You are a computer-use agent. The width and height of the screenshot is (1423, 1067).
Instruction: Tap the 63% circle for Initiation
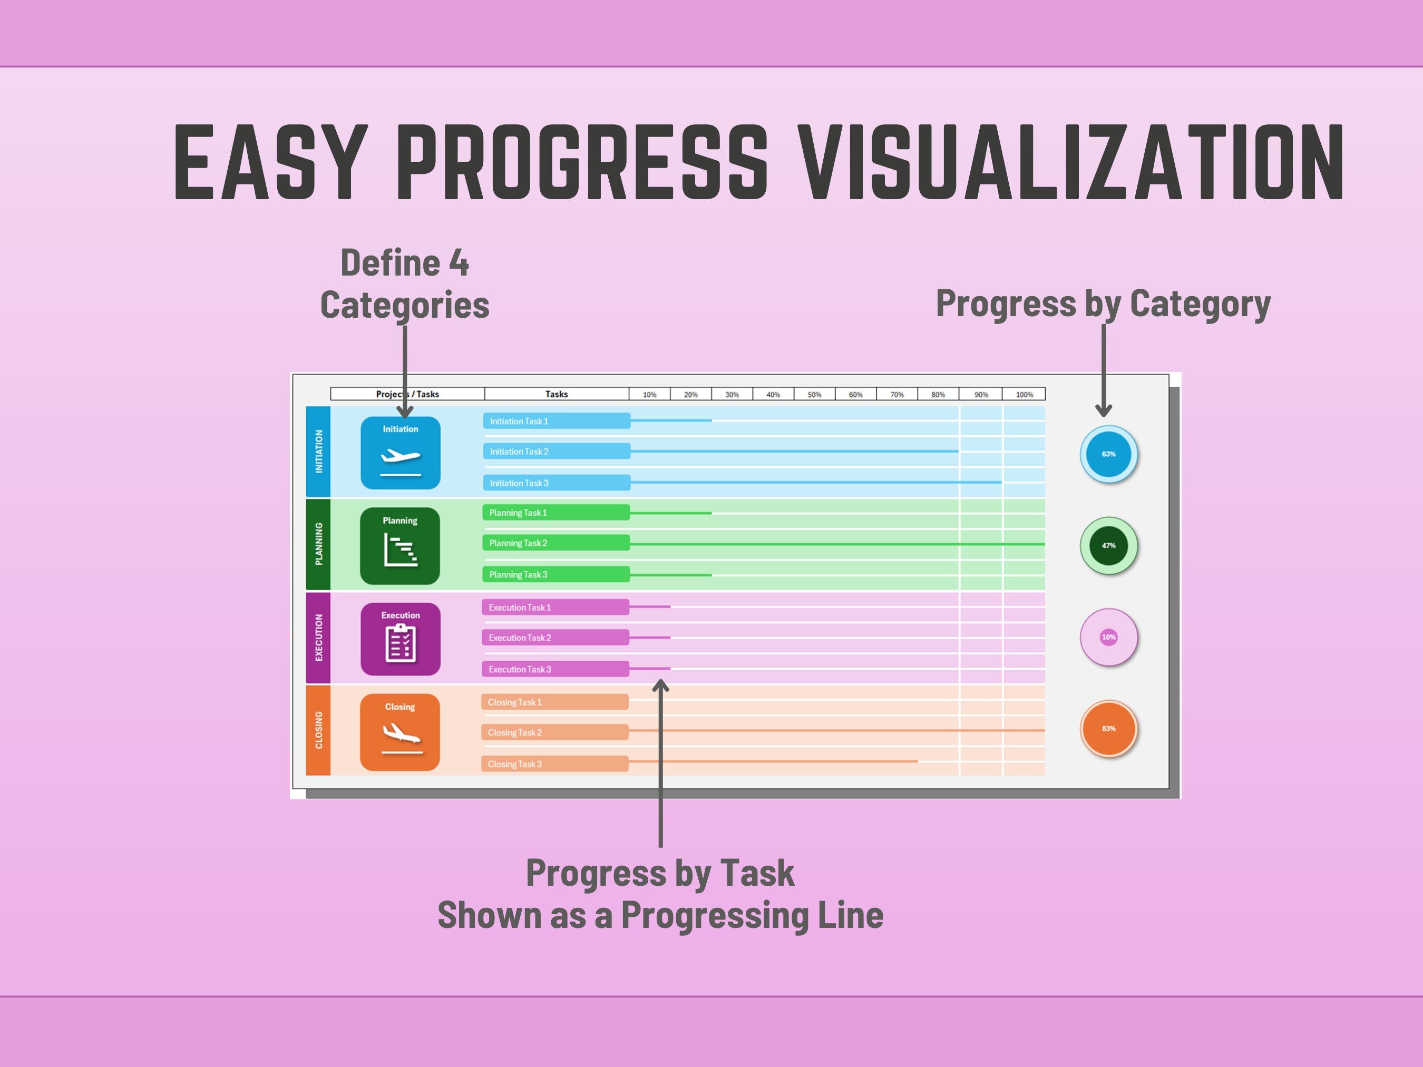tap(1108, 454)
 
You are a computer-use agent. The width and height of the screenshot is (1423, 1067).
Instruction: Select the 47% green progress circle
tap(1108, 545)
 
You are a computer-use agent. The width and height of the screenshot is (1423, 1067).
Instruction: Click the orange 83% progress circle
tap(1108, 729)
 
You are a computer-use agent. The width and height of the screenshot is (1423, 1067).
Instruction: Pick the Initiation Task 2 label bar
tap(557, 452)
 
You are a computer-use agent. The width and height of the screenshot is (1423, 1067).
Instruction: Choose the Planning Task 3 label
tap(556, 574)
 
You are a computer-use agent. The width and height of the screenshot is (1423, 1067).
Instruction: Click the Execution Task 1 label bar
tap(555, 607)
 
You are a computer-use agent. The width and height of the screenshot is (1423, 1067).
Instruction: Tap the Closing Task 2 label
tap(554, 732)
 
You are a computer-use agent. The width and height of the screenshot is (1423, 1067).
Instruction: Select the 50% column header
tap(814, 394)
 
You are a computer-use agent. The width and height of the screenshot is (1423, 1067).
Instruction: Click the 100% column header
tap(1024, 394)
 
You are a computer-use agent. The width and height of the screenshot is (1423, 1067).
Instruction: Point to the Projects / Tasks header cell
tap(408, 394)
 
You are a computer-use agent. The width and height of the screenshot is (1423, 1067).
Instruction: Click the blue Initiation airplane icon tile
tap(400, 453)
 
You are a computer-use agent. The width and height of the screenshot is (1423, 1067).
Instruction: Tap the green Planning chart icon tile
tap(400, 546)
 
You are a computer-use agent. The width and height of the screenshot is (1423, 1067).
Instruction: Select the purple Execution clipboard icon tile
tap(400, 639)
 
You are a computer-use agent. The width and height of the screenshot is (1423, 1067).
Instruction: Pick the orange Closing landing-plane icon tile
tap(400, 732)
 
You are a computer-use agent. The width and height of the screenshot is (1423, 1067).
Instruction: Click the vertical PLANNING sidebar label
tap(318, 544)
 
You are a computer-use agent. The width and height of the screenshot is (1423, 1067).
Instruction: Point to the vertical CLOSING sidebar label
tap(318, 730)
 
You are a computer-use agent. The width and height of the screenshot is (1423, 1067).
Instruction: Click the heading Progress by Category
tap(1103, 304)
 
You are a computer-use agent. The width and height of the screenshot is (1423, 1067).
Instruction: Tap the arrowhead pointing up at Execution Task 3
tap(661, 686)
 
